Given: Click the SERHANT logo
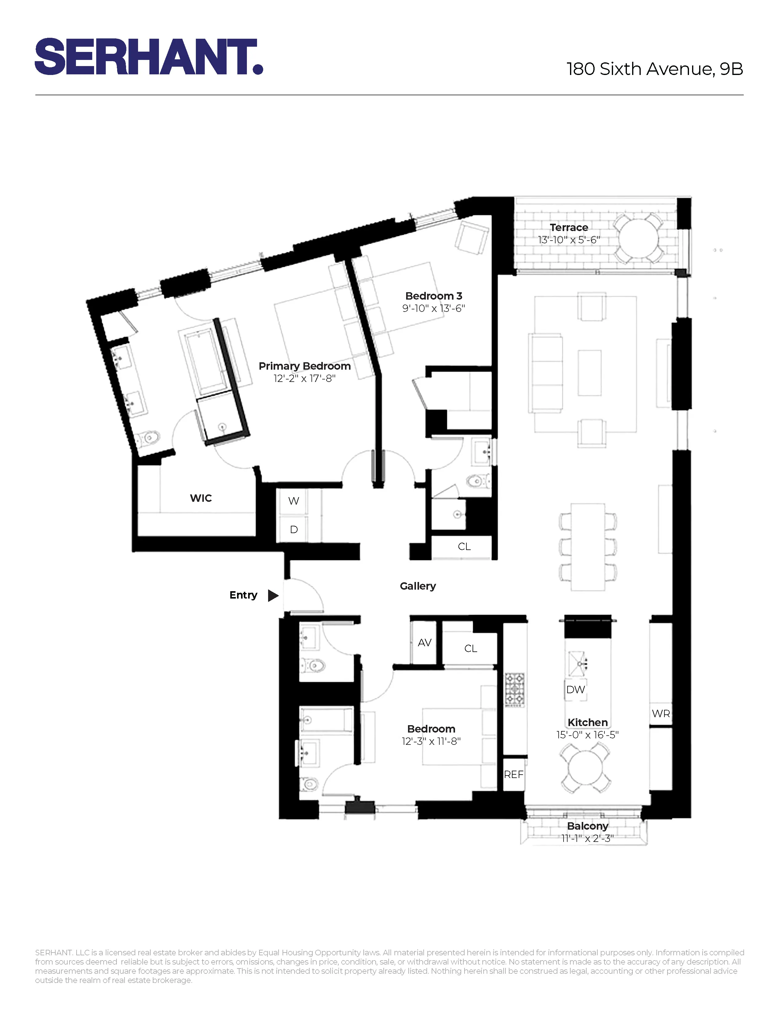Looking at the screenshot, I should (148, 57).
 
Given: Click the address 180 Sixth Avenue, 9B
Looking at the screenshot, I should (655, 69).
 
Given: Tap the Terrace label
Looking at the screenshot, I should (568, 227).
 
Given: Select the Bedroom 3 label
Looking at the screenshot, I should (433, 296).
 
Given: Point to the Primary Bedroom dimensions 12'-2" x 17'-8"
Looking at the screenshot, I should (304, 378).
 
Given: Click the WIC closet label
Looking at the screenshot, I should (201, 498).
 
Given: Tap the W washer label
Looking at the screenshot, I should (294, 501).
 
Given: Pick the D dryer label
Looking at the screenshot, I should (294, 530).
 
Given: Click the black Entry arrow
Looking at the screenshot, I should (273, 595).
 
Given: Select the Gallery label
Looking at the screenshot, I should (418, 586).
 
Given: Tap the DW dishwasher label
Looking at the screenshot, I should (576, 690).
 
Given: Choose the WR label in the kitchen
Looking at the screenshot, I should (660, 713).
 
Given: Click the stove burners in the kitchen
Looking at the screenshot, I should (515, 690).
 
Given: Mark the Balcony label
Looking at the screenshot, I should (588, 826).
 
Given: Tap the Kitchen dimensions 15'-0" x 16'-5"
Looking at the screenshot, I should (588, 734).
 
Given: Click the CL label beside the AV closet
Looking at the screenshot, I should (470, 649).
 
